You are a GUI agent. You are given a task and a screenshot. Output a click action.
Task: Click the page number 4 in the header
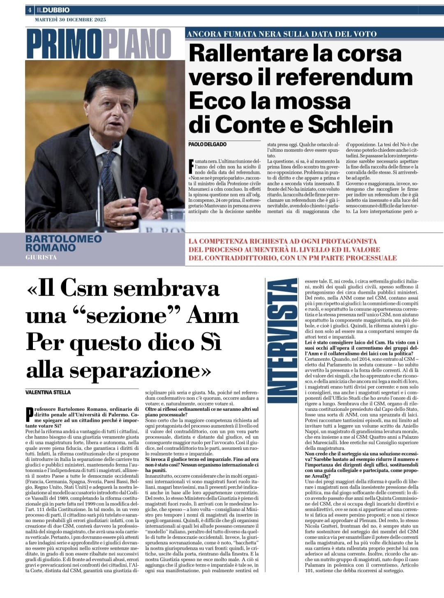pos(30,10)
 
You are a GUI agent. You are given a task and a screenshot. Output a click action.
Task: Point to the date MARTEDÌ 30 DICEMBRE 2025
pos(70,20)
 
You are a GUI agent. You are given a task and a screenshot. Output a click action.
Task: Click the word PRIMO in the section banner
pos(64,44)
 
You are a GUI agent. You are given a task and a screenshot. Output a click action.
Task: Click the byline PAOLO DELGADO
pos(208,144)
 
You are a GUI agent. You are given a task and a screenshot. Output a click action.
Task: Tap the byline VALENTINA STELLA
pos(48,392)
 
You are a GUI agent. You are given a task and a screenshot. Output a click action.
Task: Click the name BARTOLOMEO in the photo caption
pos(63,239)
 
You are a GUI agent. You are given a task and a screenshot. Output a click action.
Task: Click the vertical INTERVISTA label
pos(282,341)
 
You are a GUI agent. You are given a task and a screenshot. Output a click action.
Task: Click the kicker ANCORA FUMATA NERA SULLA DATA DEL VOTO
pos(282,34)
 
